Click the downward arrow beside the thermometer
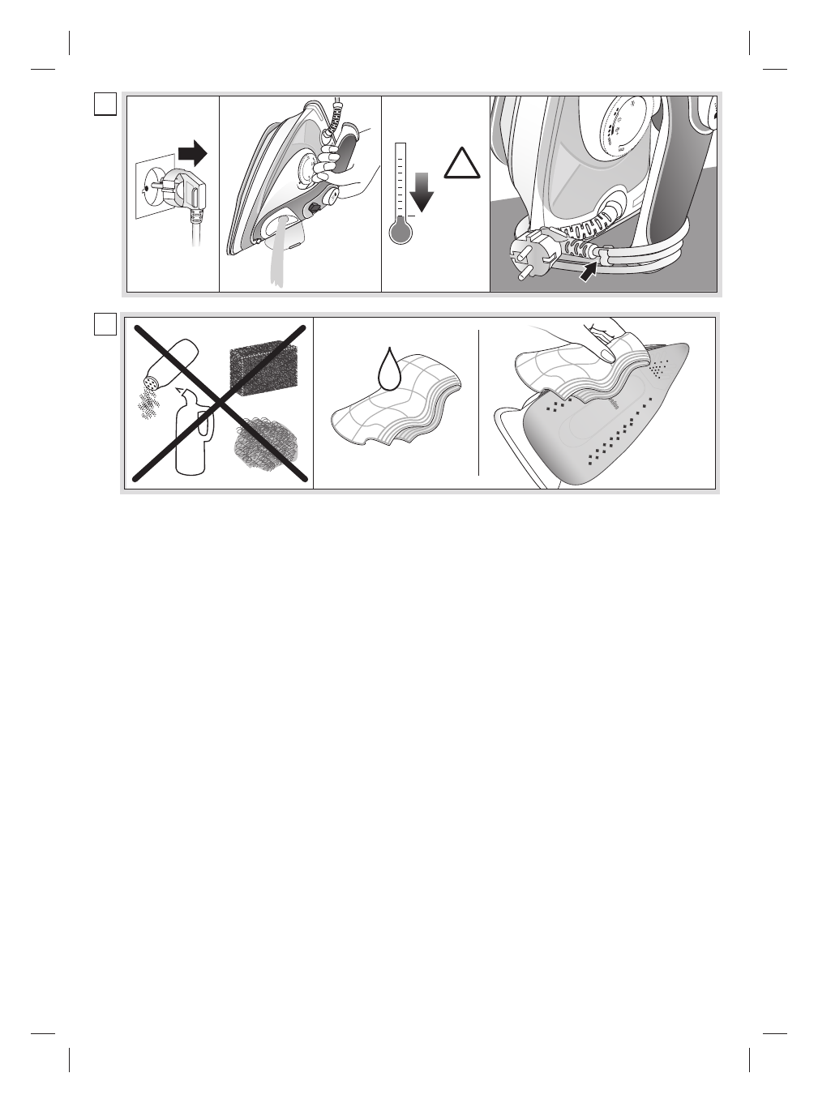(x=422, y=195)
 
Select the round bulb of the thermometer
(x=400, y=233)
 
